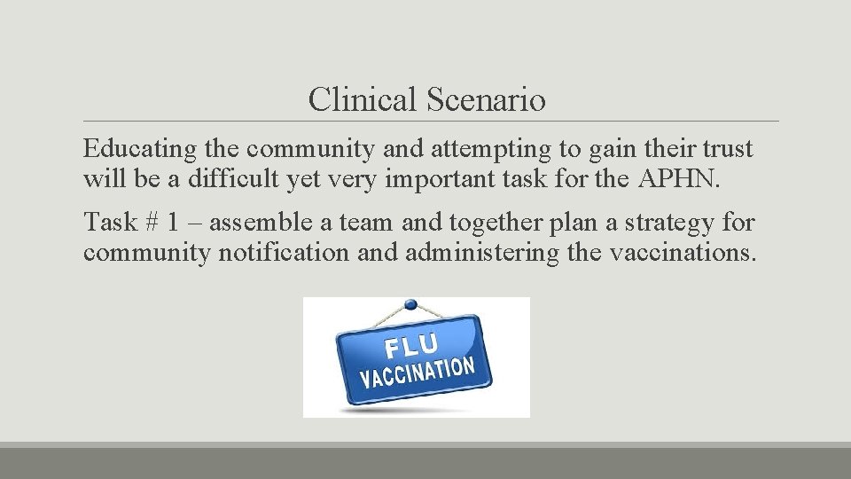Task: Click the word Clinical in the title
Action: (363, 100)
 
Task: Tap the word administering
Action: (481, 253)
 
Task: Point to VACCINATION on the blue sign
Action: (417, 373)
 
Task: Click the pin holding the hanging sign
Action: (411, 305)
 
